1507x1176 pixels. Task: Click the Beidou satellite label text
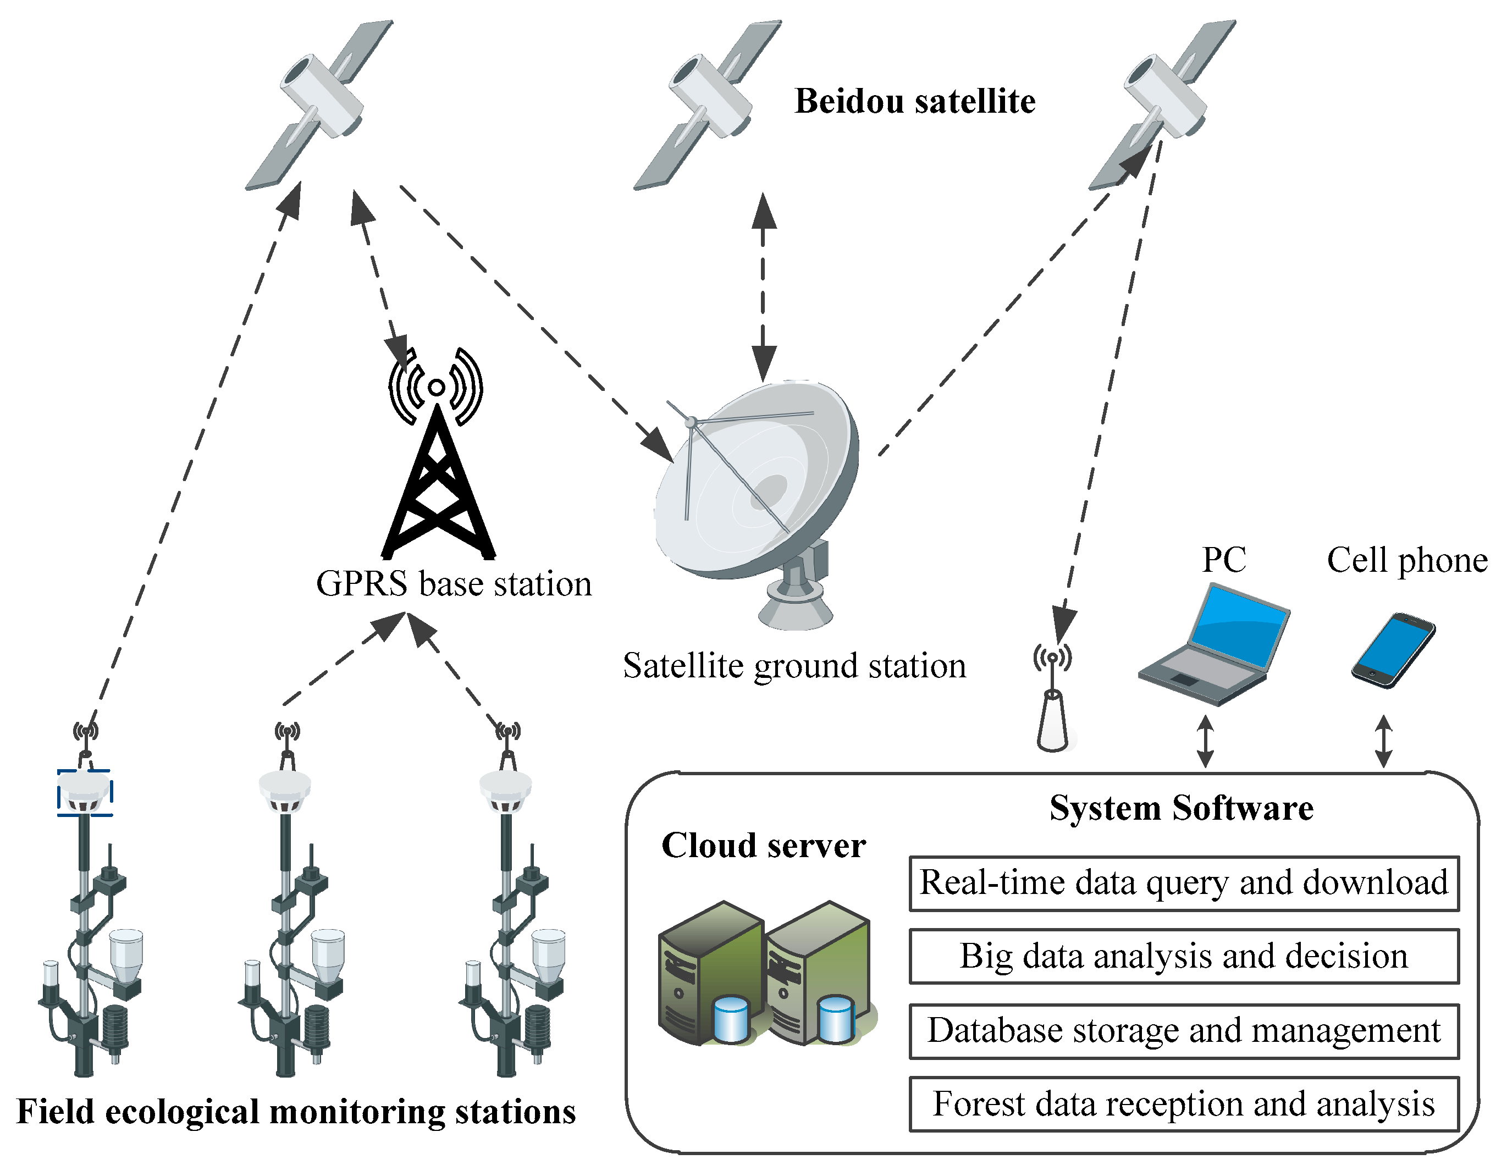coord(915,102)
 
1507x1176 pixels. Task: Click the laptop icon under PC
coord(1215,645)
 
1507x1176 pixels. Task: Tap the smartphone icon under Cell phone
coord(1393,650)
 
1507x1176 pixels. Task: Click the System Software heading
coord(1182,808)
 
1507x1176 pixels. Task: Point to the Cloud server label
coord(763,846)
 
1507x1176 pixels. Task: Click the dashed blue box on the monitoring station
coord(84,793)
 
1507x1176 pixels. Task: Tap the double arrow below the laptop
coord(1206,741)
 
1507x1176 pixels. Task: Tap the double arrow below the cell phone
coord(1383,741)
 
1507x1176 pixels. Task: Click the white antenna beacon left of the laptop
coord(1052,717)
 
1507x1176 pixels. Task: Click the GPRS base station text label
coord(454,584)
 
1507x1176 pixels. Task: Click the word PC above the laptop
coord(1224,560)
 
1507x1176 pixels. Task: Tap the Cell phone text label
coord(1407,560)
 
